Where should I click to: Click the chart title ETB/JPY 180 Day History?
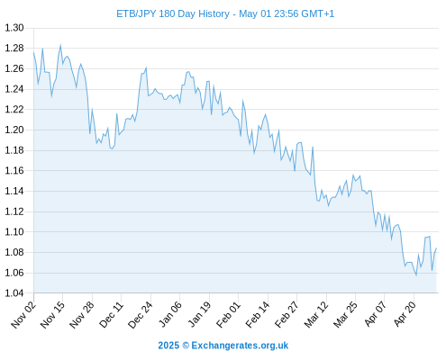coord(173,13)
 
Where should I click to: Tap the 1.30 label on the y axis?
coord(14,28)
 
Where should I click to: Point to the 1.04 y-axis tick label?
coord(14,293)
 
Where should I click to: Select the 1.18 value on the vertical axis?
coord(14,150)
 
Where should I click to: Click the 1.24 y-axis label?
coord(14,89)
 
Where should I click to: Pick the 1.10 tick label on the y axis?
coord(14,232)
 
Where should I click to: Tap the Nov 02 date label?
coord(23,314)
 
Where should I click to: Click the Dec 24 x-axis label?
coord(141,314)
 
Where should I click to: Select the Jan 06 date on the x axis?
coord(169,314)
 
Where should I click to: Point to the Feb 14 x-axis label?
coord(258,314)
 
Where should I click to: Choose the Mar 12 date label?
coord(316,314)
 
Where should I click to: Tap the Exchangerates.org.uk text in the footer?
coord(240,346)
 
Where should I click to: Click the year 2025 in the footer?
coord(168,346)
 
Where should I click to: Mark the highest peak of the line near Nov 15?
coord(60,45)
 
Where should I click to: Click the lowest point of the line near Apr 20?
coord(416,274)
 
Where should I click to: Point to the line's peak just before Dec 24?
coord(146,67)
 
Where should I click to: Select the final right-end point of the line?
coord(436,248)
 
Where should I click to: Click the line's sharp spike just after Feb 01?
coord(242,101)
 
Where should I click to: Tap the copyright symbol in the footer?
coord(186,346)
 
